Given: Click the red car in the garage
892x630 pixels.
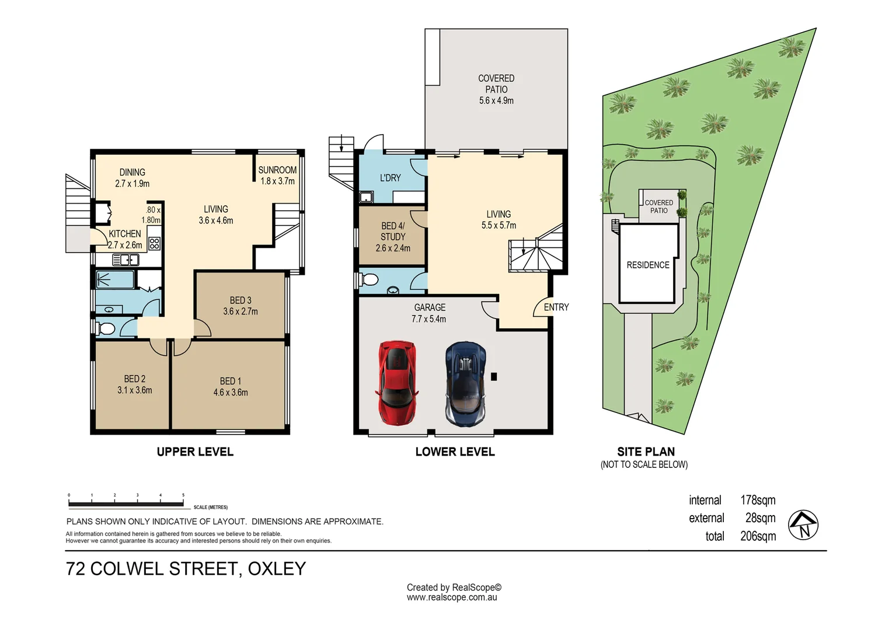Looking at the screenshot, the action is point(397,383).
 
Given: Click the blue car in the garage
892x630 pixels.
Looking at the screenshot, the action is point(465,384).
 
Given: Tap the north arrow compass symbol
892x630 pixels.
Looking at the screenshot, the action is point(803,525).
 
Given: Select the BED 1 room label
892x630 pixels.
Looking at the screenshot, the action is point(231,386).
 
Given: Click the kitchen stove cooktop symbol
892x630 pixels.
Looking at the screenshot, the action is point(154,243).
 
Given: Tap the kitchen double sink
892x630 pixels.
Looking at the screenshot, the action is point(126,260).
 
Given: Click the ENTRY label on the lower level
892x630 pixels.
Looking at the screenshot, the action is point(556,307).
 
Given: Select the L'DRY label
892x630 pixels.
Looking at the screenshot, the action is point(390,178).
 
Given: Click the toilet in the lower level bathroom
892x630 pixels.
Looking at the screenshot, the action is point(369,280).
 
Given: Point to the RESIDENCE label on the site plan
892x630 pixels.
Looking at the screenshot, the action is point(648,265).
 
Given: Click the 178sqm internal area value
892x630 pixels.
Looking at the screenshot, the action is point(758,500).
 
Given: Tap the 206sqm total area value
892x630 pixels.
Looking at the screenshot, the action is point(758,536).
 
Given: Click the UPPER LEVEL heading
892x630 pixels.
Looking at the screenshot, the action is point(195,452).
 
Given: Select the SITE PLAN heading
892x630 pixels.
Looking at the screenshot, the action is point(646,452).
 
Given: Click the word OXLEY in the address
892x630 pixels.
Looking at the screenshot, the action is point(277,569).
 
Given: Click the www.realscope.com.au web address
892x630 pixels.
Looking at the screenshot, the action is point(452,597).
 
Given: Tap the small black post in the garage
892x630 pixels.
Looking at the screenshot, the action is point(494,376).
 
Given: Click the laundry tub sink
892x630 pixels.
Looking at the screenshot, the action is point(365,197).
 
